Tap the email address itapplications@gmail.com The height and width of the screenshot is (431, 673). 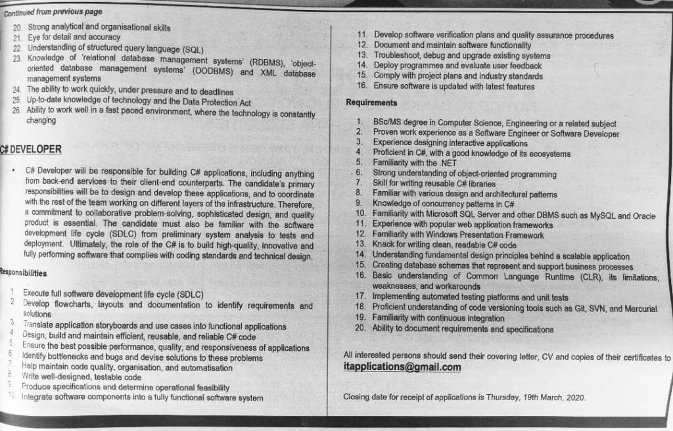point(402,367)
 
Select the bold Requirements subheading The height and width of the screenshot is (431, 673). point(371,102)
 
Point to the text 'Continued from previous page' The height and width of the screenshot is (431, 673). point(53,12)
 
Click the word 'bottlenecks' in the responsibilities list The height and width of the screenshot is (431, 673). point(76,357)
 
